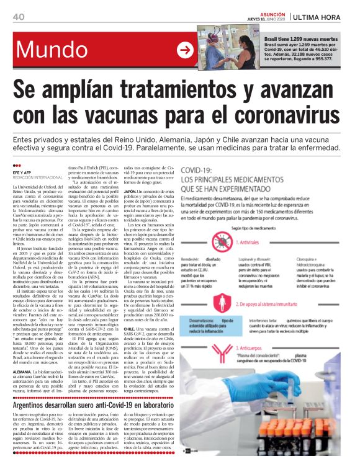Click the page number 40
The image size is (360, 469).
[18, 16]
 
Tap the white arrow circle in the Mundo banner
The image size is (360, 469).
[185, 50]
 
